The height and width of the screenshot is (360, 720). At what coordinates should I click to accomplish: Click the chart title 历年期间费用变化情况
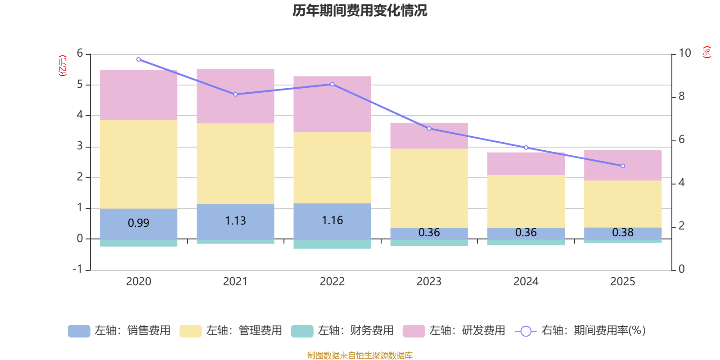360,11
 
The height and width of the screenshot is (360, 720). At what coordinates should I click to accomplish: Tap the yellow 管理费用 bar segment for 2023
429,188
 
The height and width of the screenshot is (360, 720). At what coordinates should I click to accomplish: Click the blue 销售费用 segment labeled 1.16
332,220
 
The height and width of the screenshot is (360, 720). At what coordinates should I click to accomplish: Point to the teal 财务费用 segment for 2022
332,244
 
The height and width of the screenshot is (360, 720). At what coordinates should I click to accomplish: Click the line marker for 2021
235,94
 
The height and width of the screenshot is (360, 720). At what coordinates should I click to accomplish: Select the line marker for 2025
623,166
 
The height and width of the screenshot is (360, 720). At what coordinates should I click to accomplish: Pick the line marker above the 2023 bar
429,129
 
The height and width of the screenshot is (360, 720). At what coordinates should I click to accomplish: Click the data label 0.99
139,223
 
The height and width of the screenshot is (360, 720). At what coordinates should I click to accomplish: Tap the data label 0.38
623,232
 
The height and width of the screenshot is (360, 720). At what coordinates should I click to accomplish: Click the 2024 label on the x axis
526,282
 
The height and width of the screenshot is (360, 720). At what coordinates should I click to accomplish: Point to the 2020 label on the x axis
139,282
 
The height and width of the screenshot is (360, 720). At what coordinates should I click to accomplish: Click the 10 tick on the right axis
684,53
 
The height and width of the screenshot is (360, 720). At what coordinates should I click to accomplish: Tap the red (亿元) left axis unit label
63,66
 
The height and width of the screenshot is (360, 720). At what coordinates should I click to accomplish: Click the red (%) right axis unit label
706,52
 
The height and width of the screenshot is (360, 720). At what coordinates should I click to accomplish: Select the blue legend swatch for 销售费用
79,331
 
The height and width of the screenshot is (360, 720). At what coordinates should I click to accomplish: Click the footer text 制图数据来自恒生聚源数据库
360,355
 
